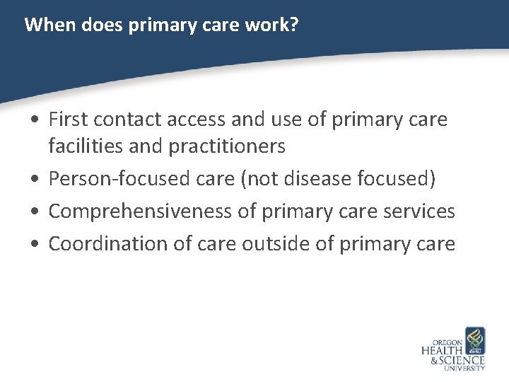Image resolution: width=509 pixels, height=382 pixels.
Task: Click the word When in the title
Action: point(44,25)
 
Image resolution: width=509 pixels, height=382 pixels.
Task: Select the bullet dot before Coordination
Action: point(34,245)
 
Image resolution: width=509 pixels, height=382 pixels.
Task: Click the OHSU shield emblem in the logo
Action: point(474,340)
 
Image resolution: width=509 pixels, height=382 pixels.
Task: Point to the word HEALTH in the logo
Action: point(442,350)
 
